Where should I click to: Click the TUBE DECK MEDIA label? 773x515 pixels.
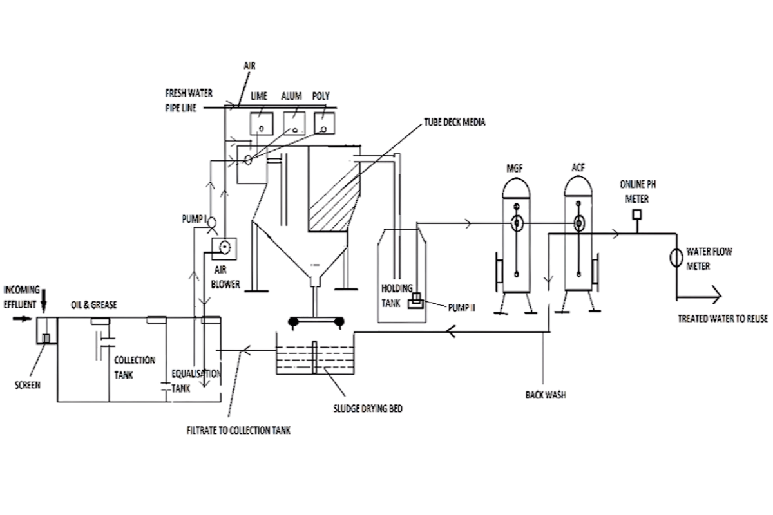455,122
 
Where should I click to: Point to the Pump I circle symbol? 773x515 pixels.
211,223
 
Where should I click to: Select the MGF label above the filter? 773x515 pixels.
515,168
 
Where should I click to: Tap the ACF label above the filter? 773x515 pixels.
578,167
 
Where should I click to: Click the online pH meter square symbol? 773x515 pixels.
637,214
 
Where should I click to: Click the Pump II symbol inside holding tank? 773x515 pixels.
416,301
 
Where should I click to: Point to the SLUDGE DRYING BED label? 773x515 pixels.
368,409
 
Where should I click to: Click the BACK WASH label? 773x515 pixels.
546,395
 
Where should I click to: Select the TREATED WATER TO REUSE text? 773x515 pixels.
723,319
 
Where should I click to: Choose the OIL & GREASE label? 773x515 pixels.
94,305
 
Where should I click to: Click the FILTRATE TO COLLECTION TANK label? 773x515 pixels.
238,431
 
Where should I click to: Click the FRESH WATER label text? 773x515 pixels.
189,93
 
